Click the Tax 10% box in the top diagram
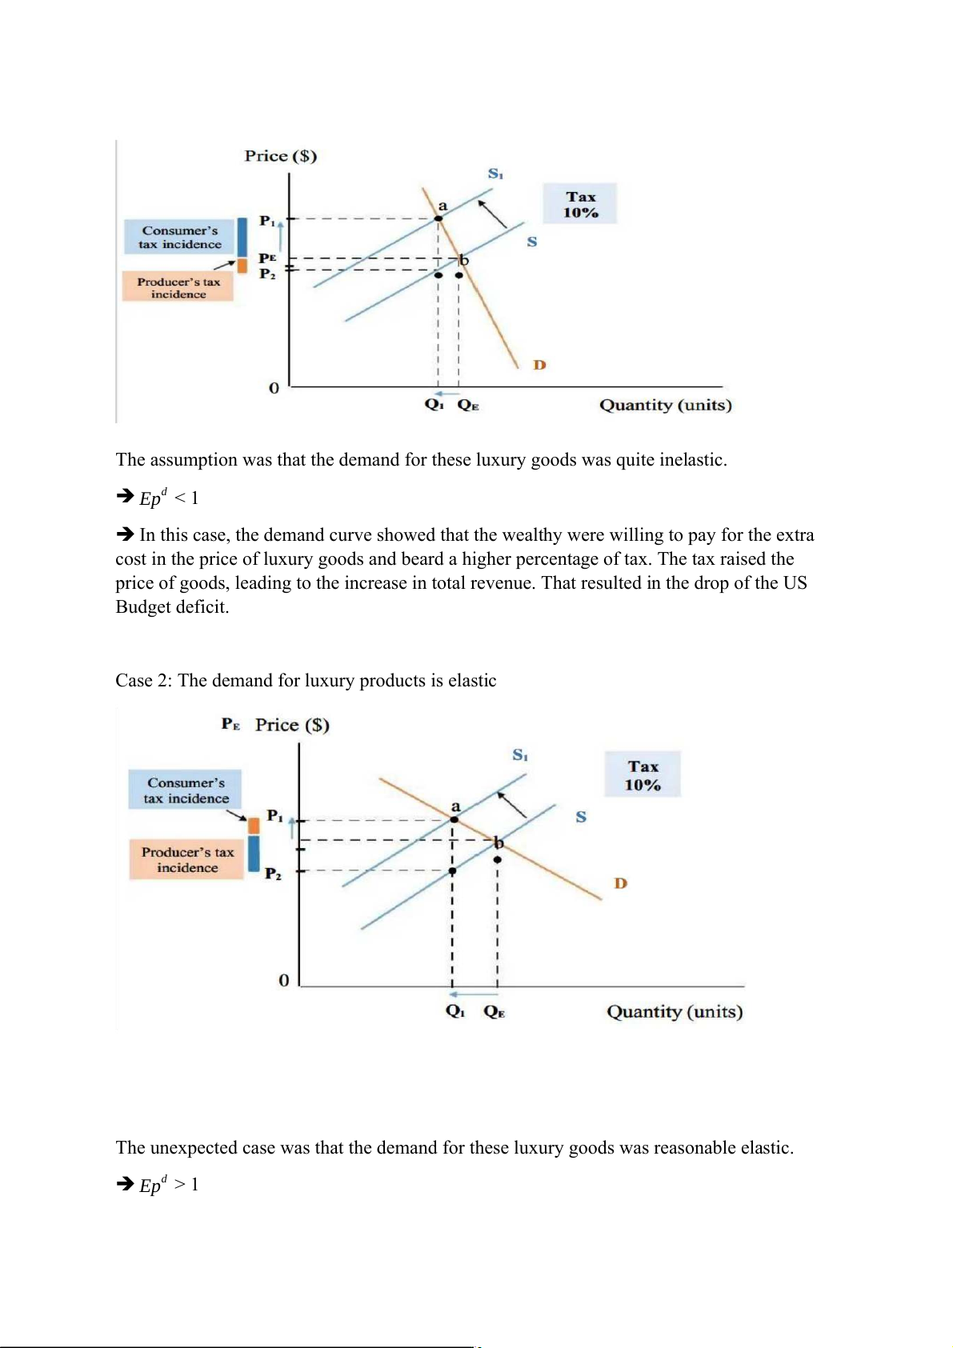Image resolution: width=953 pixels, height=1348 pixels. tap(580, 204)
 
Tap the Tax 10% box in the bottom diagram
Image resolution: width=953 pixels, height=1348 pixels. tap(643, 774)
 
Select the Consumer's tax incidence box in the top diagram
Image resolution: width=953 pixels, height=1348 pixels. tap(180, 237)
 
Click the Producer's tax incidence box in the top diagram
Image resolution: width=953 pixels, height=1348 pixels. tap(178, 287)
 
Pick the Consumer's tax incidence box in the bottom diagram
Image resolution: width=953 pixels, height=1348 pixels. tap(186, 790)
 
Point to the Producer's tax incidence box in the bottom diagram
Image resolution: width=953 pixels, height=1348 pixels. tap(187, 859)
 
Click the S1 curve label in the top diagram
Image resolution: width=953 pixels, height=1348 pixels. tap(495, 174)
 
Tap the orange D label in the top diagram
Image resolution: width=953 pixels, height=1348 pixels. tap(539, 365)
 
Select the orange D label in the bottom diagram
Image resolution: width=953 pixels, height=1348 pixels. tap(620, 883)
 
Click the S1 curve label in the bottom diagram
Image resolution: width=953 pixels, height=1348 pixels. tap(520, 754)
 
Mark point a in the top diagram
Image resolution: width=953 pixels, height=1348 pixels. tap(438, 218)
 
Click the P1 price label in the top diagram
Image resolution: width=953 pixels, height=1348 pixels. tap(267, 221)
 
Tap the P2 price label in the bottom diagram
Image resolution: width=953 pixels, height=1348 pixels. tap(273, 874)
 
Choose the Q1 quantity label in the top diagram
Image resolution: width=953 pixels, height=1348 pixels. tap(434, 405)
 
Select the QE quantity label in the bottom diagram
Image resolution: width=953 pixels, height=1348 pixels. tap(494, 1012)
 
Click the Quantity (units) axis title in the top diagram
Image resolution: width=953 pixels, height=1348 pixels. tap(665, 405)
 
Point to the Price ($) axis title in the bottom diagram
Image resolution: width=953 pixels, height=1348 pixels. tap(292, 725)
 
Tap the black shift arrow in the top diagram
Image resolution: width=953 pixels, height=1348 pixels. tap(493, 214)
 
